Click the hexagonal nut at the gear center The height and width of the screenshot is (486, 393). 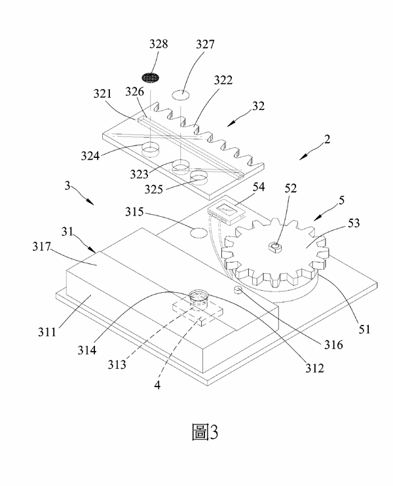click(x=275, y=247)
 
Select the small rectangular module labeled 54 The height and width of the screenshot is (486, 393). click(x=225, y=211)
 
